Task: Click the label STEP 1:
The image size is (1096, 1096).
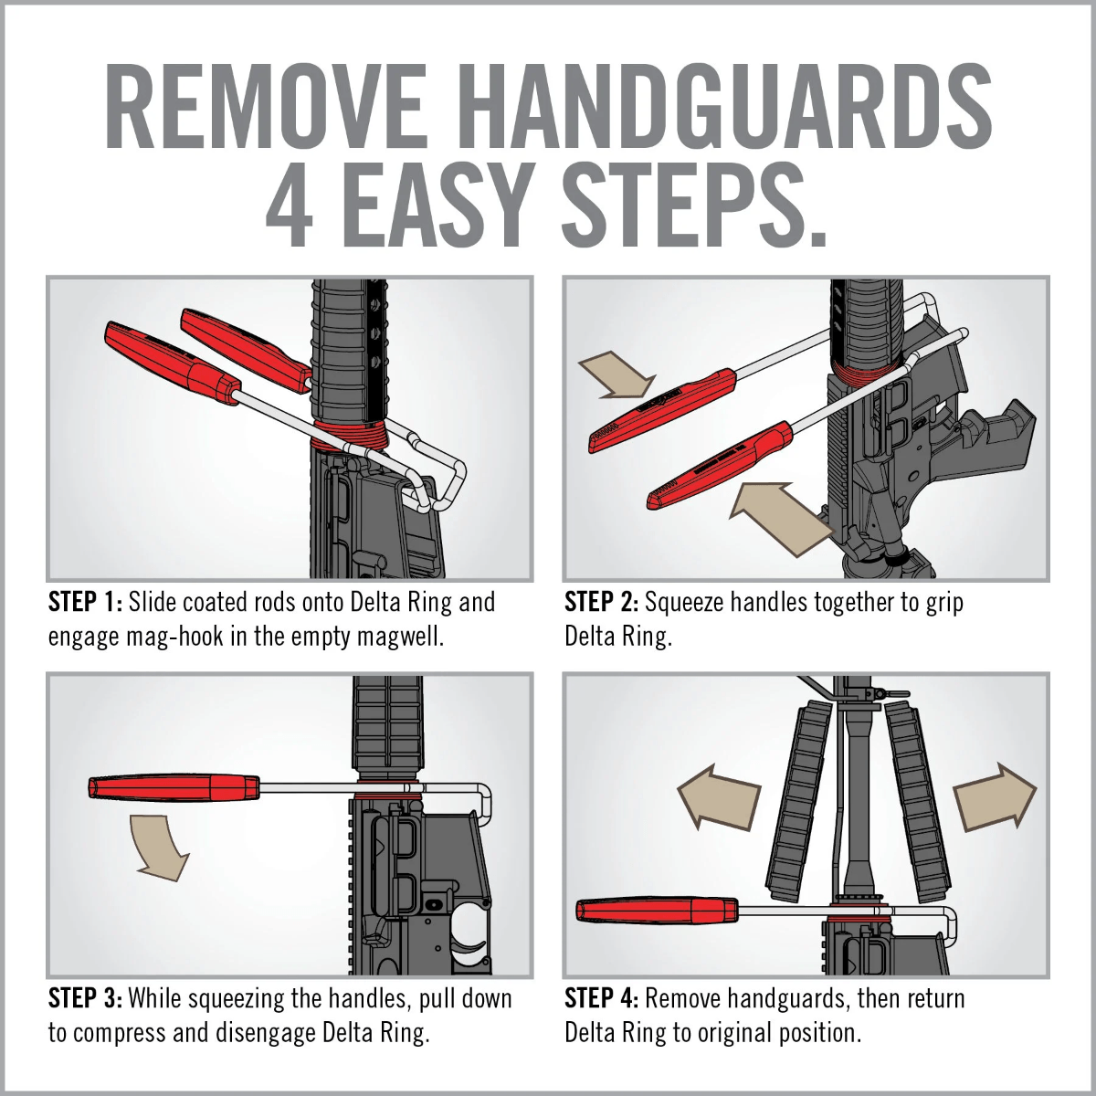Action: pos(85,603)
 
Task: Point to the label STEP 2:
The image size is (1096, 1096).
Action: pos(601,603)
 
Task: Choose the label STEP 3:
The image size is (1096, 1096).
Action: pos(85,998)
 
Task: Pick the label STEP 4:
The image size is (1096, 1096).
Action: pos(601,998)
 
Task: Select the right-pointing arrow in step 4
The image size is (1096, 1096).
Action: pos(994,796)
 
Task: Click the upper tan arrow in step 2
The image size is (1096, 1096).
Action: pos(616,374)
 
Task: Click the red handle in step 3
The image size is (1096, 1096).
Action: pos(174,786)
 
